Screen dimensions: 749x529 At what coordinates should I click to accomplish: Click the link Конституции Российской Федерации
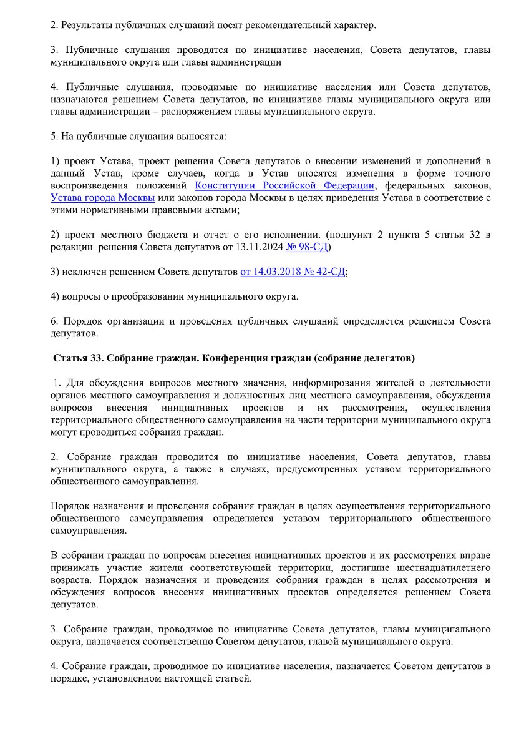(x=284, y=185)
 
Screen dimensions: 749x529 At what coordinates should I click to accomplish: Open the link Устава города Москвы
(x=102, y=198)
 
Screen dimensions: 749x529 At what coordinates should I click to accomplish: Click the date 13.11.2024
(x=258, y=247)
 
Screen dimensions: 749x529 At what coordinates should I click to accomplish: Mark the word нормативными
(x=109, y=210)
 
